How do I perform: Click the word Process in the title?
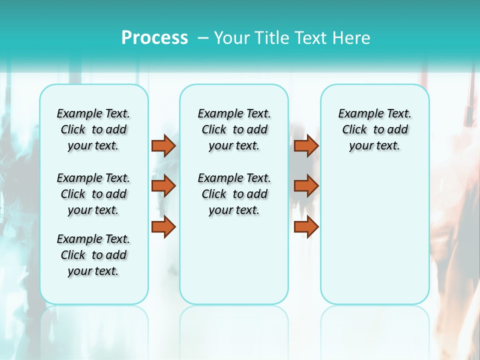154,37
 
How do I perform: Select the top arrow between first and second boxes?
163,146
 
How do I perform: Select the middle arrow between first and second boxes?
163,186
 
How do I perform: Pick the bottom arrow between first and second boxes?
163,226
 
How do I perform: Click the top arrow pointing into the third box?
306,146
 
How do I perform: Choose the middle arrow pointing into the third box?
306,186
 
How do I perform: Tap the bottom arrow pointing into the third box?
306,226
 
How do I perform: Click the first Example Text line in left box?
93,113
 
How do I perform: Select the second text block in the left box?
93,194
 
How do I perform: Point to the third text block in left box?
93,255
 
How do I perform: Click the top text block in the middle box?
234,129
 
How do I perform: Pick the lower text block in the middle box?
234,194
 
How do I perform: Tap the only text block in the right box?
375,129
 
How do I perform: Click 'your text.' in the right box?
375,146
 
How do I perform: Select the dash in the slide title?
203,38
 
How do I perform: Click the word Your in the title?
232,38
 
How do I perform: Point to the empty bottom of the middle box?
234,265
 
